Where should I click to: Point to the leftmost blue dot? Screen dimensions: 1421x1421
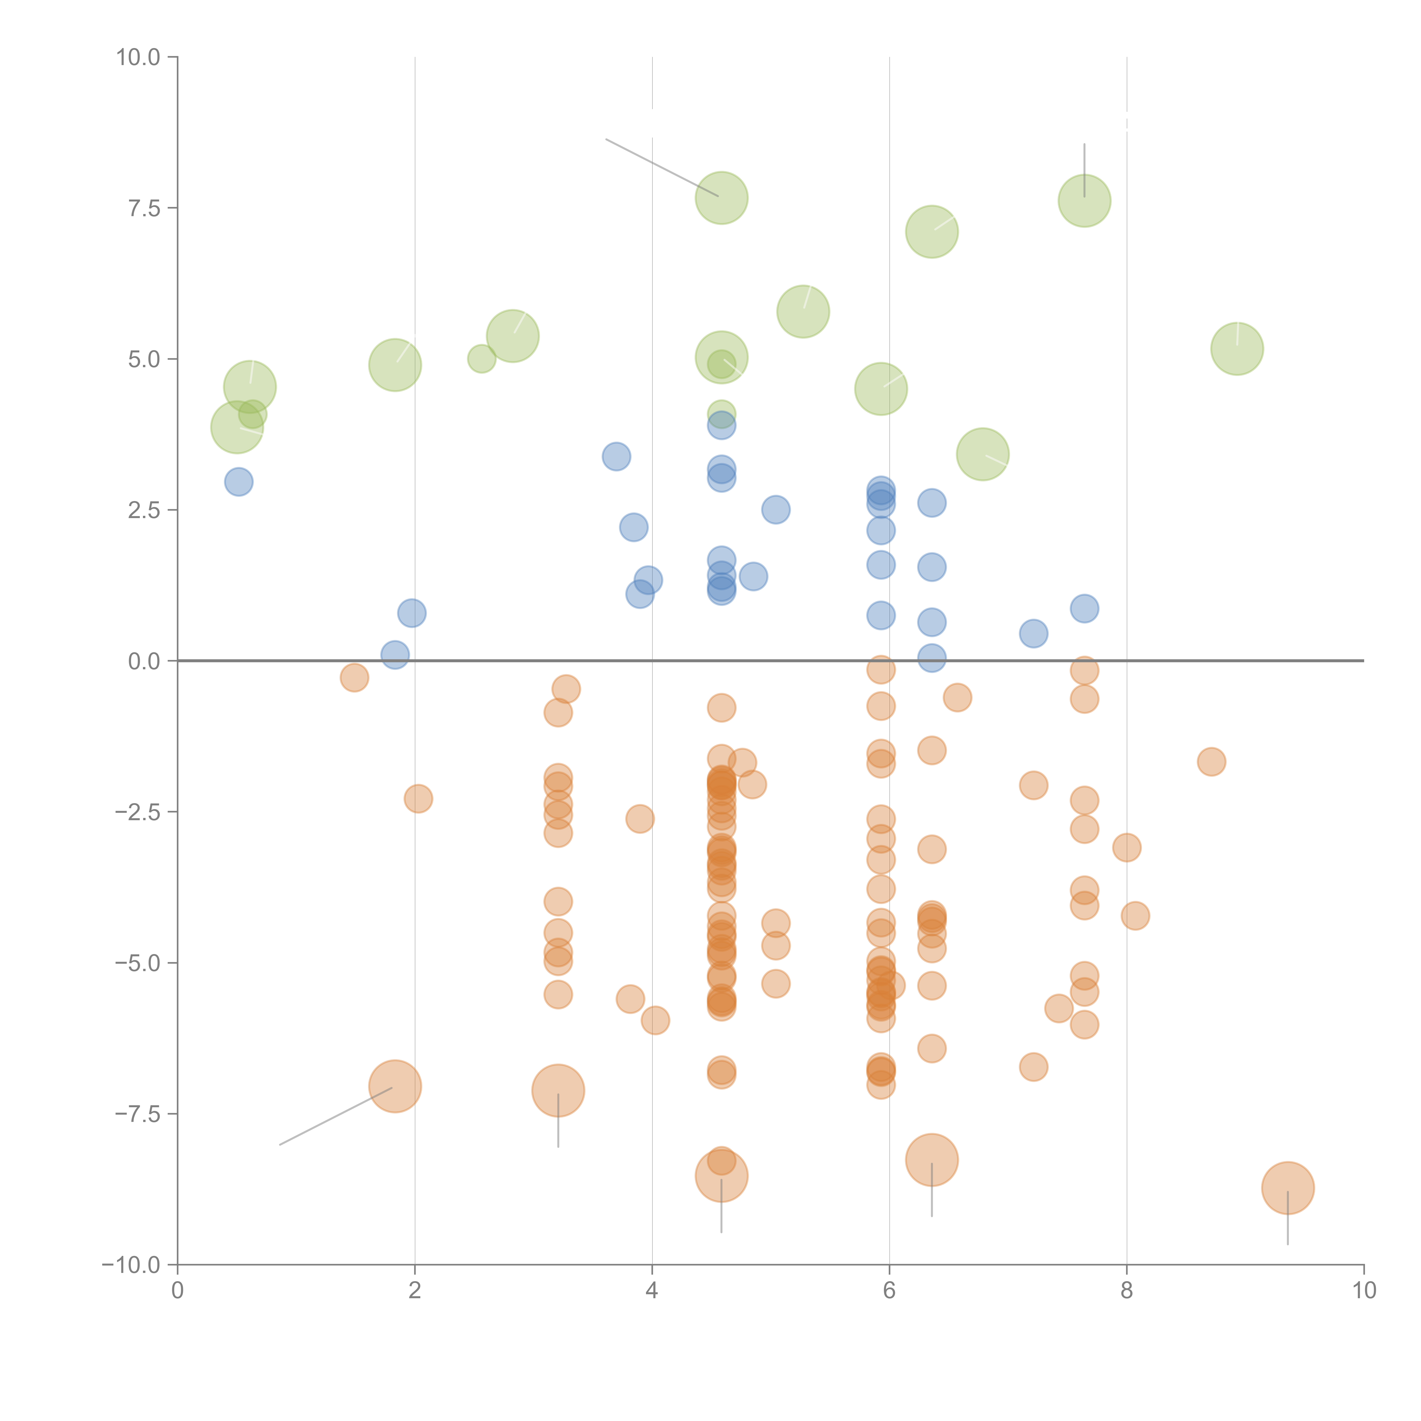click(238, 482)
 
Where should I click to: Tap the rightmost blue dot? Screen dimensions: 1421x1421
click(1084, 608)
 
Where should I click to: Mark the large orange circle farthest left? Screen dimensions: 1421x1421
click(395, 1086)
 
